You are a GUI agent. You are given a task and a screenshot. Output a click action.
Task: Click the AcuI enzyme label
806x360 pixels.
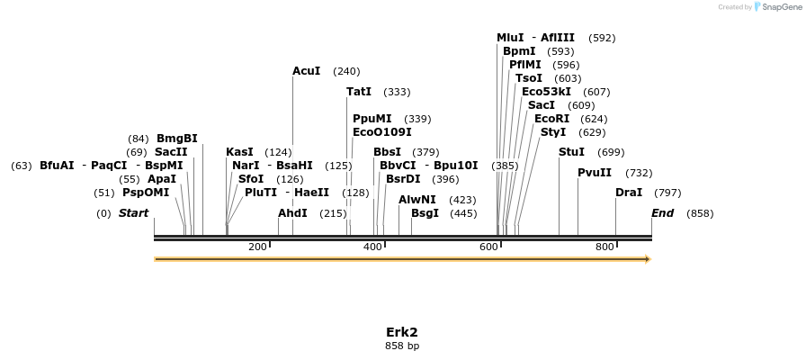click(306, 71)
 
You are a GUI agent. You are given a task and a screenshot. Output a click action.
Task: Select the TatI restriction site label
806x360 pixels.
click(359, 92)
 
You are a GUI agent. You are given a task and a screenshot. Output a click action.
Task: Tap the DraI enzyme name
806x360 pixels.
click(629, 193)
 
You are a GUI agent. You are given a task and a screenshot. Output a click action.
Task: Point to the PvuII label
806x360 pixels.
click(595, 173)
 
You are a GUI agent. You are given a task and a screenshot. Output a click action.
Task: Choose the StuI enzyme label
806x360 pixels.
click(571, 152)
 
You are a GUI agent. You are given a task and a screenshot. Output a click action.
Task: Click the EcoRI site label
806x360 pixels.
click(551, 119)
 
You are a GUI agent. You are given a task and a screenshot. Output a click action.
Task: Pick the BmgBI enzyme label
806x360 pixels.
click(176, 139)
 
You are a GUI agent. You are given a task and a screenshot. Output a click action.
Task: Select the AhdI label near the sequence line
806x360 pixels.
click(292, 213)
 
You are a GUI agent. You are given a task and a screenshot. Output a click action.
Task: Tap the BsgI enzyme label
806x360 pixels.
click(425, 213)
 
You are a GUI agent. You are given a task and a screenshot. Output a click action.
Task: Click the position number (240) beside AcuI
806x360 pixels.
click(346, 71)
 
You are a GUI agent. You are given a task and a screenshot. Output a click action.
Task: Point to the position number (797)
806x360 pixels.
click(667, 193)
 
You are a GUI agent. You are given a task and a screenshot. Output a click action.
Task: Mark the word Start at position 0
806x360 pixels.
click(133, 213)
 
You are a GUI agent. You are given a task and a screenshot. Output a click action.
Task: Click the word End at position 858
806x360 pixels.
click(662, 213)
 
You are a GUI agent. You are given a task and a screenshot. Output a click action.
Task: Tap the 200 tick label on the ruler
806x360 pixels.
click(257, 247)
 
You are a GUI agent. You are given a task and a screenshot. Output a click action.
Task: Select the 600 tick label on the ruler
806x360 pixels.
click(488, 247)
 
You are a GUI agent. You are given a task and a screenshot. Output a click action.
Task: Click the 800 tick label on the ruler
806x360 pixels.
click(604, 247)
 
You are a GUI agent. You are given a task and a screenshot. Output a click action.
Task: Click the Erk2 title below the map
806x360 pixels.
click(402, 331)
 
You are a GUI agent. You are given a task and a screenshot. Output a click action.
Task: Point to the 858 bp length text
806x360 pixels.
click(402, 346)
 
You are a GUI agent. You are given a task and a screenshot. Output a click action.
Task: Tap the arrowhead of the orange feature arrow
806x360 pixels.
click(647, 259)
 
